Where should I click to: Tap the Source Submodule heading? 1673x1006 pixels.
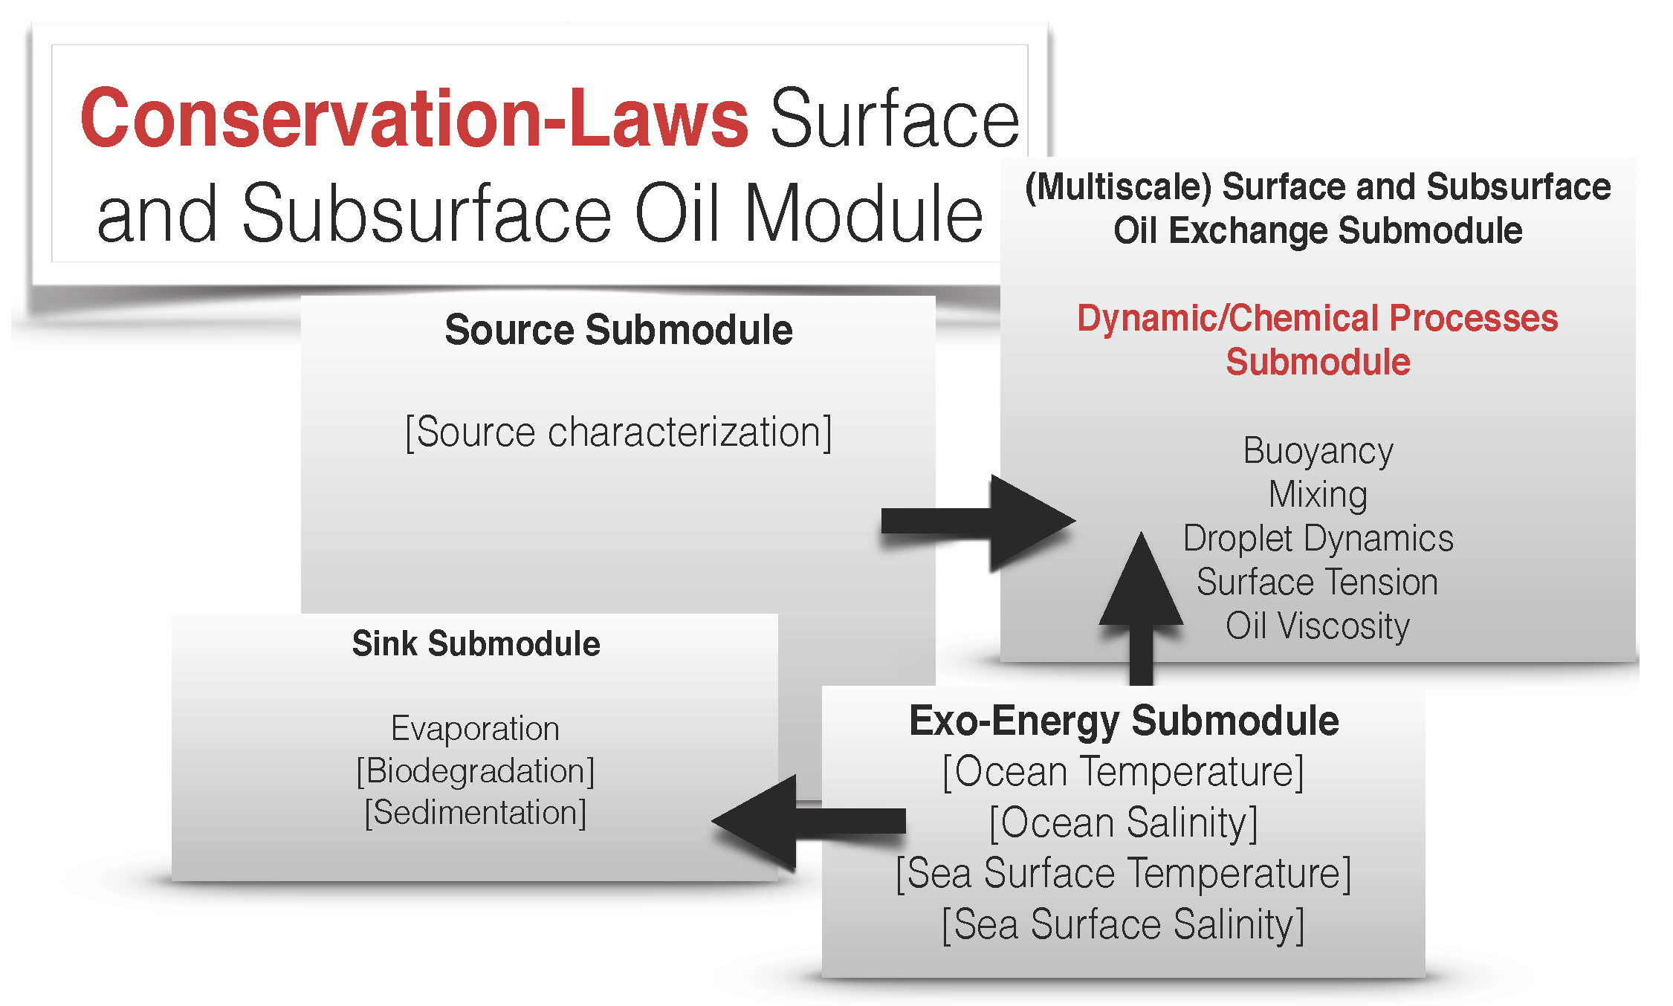pyautogui.click(x=618, y=330)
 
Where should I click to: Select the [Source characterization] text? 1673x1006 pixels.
pyautogui.click(x=618, y=432)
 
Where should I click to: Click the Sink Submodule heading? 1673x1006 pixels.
pyautogui.click(x=476, y=643)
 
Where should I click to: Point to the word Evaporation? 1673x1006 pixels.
pyautogui.click(x=475, y=728)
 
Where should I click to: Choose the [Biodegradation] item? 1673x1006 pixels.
pyautogui.click(x=475, y=770)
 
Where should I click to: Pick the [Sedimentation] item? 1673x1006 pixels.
pyautogui.click(x=475, y=812)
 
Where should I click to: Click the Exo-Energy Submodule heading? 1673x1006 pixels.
pyautogui.click(x=1124, y=721)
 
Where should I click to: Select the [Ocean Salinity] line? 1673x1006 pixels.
pyautogui.click(x=1124, y=822)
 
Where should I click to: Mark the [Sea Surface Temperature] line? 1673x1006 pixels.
pyautogui.click(x=1124, y=873)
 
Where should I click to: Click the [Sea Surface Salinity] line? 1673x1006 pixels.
pyautogui.click(x=1124, y=924)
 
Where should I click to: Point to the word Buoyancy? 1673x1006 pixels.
pyautogui.click(x=1318, y=451)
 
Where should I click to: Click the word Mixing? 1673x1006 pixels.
pyautogui.click(x=1318, y=495)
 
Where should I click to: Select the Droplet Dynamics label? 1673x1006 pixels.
pyautogui.click(x=1318, y=539)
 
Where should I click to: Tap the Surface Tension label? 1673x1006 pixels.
pyautogui.click(x=1318, y=582)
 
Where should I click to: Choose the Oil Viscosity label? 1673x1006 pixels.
pyautogui.click(x=1318, y=626)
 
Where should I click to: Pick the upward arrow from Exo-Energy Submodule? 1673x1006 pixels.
pyautogui.click(x=1141, y=609)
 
